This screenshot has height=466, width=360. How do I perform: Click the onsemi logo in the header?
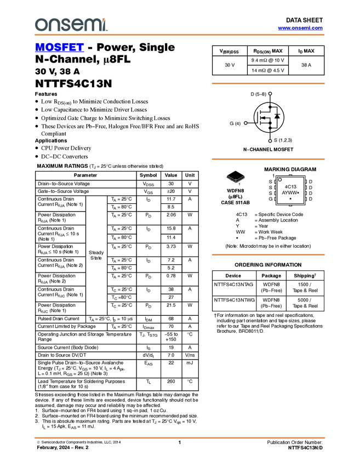71,25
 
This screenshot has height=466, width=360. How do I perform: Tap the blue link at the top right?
300,28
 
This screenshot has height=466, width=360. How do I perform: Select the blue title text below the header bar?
59,48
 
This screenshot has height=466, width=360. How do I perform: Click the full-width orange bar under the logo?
180,35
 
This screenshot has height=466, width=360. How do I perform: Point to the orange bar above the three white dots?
268,83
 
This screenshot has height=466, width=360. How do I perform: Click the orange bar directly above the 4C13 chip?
268,159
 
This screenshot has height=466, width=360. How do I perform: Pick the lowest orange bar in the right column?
268,254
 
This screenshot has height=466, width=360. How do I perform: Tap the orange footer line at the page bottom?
180,438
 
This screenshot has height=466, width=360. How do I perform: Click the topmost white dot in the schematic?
270,94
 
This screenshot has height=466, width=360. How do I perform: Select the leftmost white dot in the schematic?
245,123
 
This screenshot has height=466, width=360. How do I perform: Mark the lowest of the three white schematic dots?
270,141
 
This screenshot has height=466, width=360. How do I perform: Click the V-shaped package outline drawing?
236,179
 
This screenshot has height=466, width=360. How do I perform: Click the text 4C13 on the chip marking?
290,186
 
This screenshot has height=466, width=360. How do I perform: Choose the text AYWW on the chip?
289,193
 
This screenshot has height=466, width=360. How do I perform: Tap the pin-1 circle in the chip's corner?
279,179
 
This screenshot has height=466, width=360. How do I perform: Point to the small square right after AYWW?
298,193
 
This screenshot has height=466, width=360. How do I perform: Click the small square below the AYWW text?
290,199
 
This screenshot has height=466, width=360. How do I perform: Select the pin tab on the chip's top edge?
290,174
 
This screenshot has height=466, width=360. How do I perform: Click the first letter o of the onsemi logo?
41,25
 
